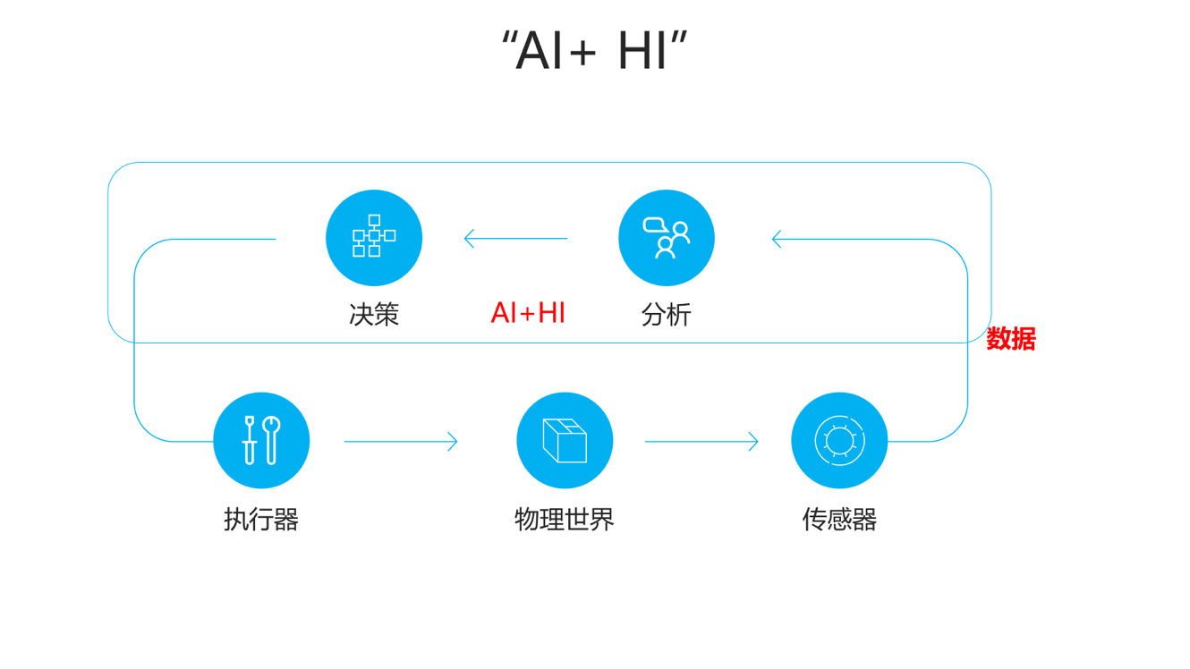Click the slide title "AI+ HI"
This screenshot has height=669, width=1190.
594,51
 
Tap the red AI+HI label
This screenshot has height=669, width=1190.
528,313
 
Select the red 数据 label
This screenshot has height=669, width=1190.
1011,339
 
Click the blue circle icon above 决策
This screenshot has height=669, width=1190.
374,238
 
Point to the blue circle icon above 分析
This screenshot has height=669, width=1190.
667,238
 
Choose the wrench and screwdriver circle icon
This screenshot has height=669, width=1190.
261,440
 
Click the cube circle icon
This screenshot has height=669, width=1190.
565,440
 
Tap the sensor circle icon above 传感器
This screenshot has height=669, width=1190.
839,440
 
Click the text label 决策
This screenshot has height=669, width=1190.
374,314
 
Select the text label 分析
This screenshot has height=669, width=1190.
667,314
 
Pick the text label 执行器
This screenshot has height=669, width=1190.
261,519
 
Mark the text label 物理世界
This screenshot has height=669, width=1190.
565,519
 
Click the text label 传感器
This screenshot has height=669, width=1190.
839,519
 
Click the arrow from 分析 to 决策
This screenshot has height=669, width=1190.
515,239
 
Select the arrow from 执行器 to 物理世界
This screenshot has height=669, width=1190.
401,441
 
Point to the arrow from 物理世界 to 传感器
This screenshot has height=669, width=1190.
701,441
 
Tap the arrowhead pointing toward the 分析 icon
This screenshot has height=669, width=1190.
777,239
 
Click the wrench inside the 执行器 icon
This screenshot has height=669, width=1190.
271,438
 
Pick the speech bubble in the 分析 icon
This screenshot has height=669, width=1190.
654,224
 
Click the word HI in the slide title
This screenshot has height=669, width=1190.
642,51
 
